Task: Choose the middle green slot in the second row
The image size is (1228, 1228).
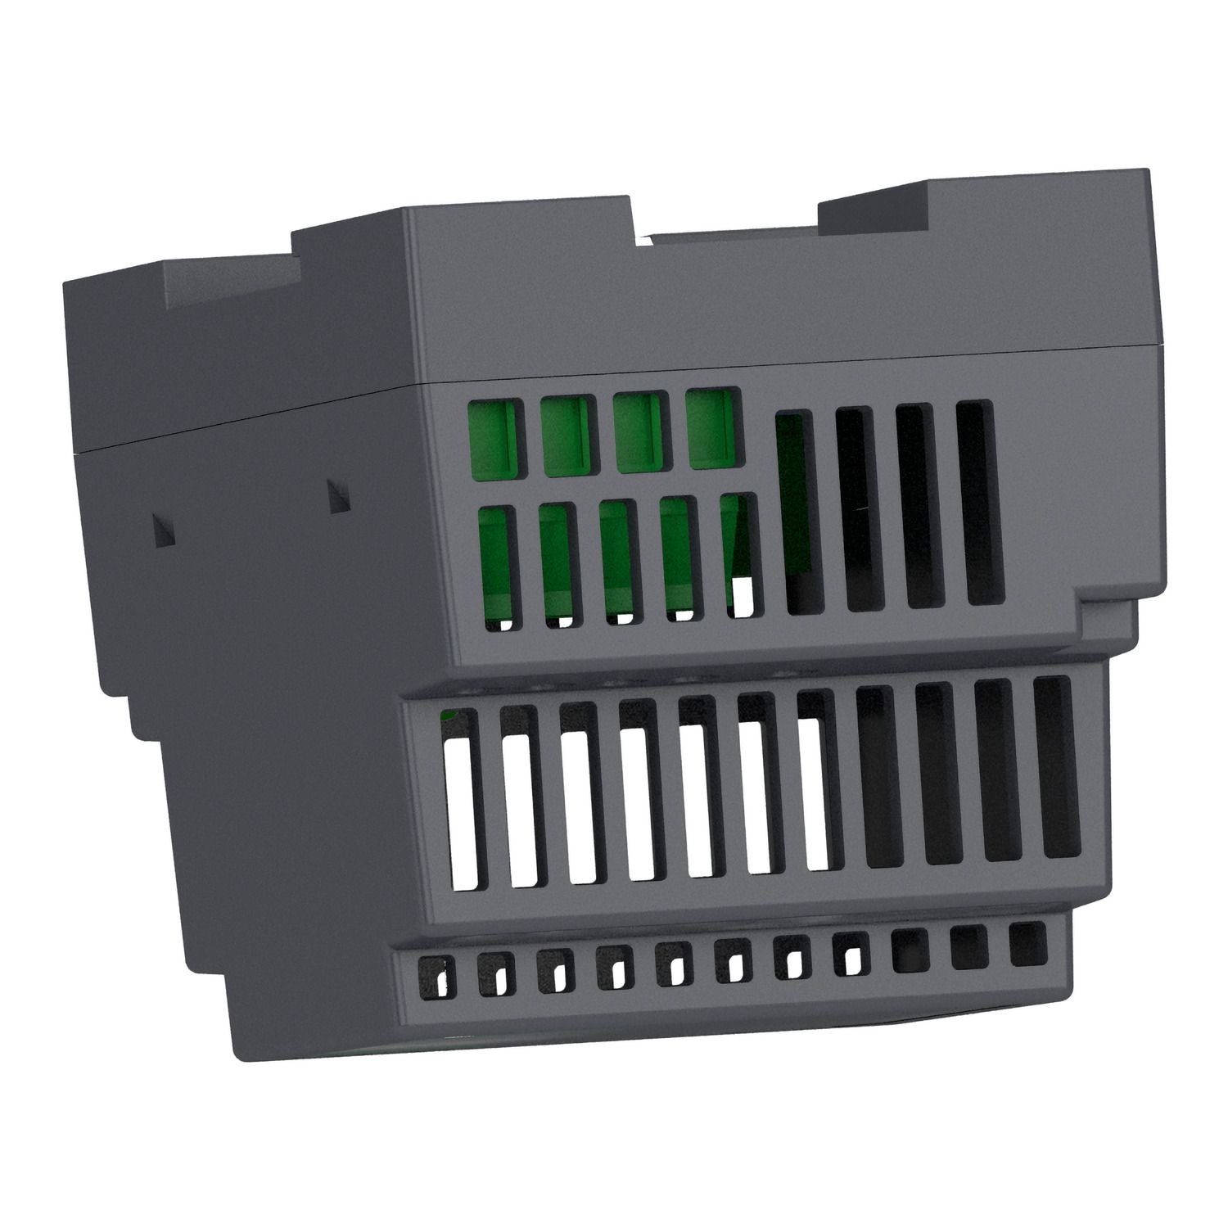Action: (619, 561)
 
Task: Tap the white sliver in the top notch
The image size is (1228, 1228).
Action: (647, 240)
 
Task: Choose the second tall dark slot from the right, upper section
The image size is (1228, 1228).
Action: (918, 505)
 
